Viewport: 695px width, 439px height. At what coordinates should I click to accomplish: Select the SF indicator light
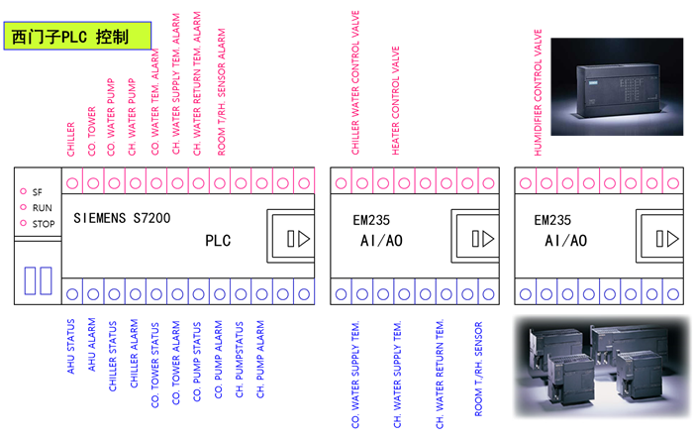point(23,192)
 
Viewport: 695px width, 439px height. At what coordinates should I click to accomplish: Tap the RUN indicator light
point(23,208)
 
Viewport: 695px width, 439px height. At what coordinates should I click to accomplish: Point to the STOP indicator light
point(23,224)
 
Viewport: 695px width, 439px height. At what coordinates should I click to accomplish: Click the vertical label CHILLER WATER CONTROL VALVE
point(356,83)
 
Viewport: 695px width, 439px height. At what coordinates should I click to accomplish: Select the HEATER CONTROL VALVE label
point(397,98)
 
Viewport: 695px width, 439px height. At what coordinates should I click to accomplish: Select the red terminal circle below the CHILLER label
point(71,183)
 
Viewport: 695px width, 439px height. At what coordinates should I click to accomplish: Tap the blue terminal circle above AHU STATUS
point(71,293)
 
